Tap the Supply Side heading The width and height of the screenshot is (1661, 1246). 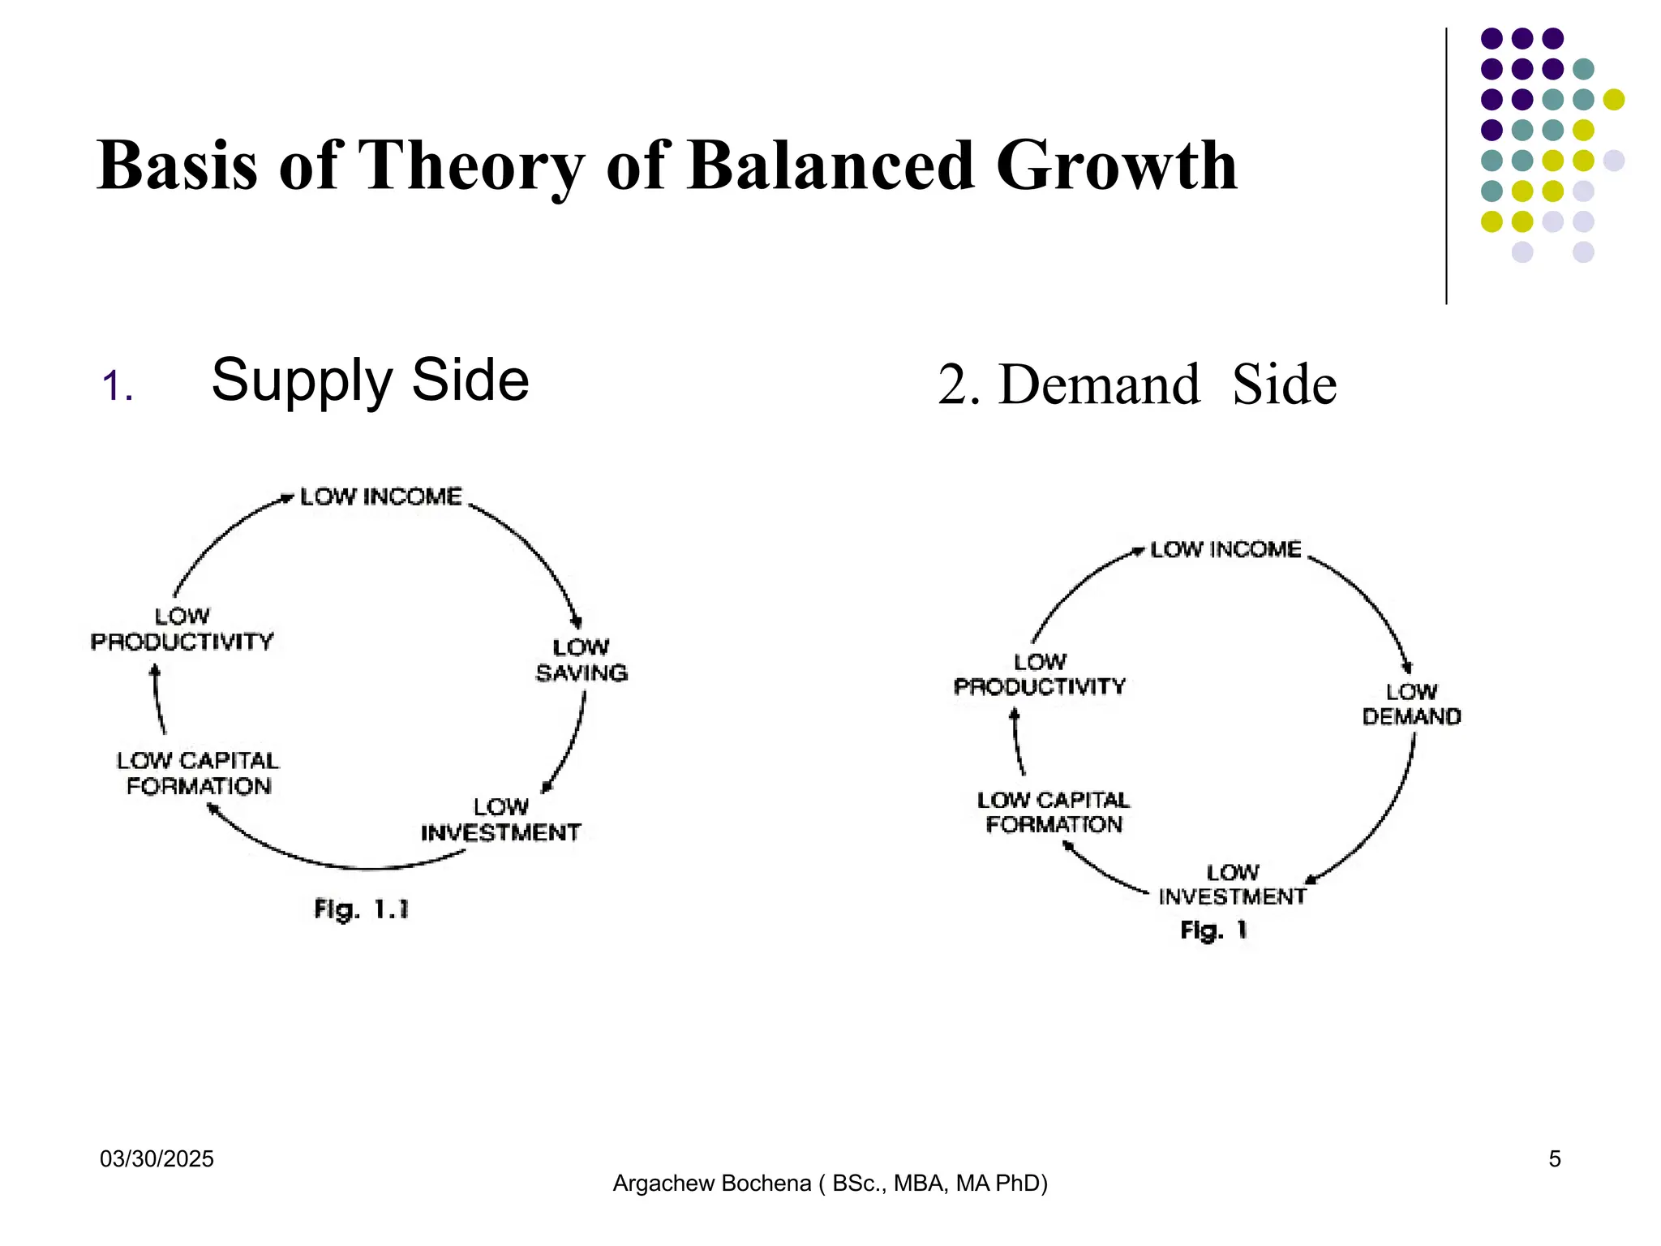pos(370,380)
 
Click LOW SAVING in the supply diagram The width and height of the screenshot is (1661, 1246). pos(582,660)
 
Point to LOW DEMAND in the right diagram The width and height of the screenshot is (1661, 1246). pos(1411,704)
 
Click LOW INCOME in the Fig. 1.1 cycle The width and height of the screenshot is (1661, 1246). pos(381,496)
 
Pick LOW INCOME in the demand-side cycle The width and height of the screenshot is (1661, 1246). pos(1225,550)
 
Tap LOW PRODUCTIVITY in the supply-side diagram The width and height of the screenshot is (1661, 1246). pos(182,629)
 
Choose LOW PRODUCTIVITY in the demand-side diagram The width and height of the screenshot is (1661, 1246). pos(1040,675)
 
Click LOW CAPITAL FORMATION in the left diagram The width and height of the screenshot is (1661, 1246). pos(199,773)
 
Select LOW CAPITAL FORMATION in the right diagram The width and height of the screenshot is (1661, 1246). pos(1054,812)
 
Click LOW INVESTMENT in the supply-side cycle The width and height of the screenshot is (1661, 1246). pos(500,820)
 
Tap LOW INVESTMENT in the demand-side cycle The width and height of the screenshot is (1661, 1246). pos(1232,884)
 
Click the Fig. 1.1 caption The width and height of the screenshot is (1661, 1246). pos(362,909)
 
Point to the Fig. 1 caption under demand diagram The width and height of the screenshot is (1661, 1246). pos(1213,930)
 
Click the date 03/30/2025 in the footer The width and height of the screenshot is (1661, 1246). pos(157,1159)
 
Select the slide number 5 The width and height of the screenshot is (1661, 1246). pos(1554,1159)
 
